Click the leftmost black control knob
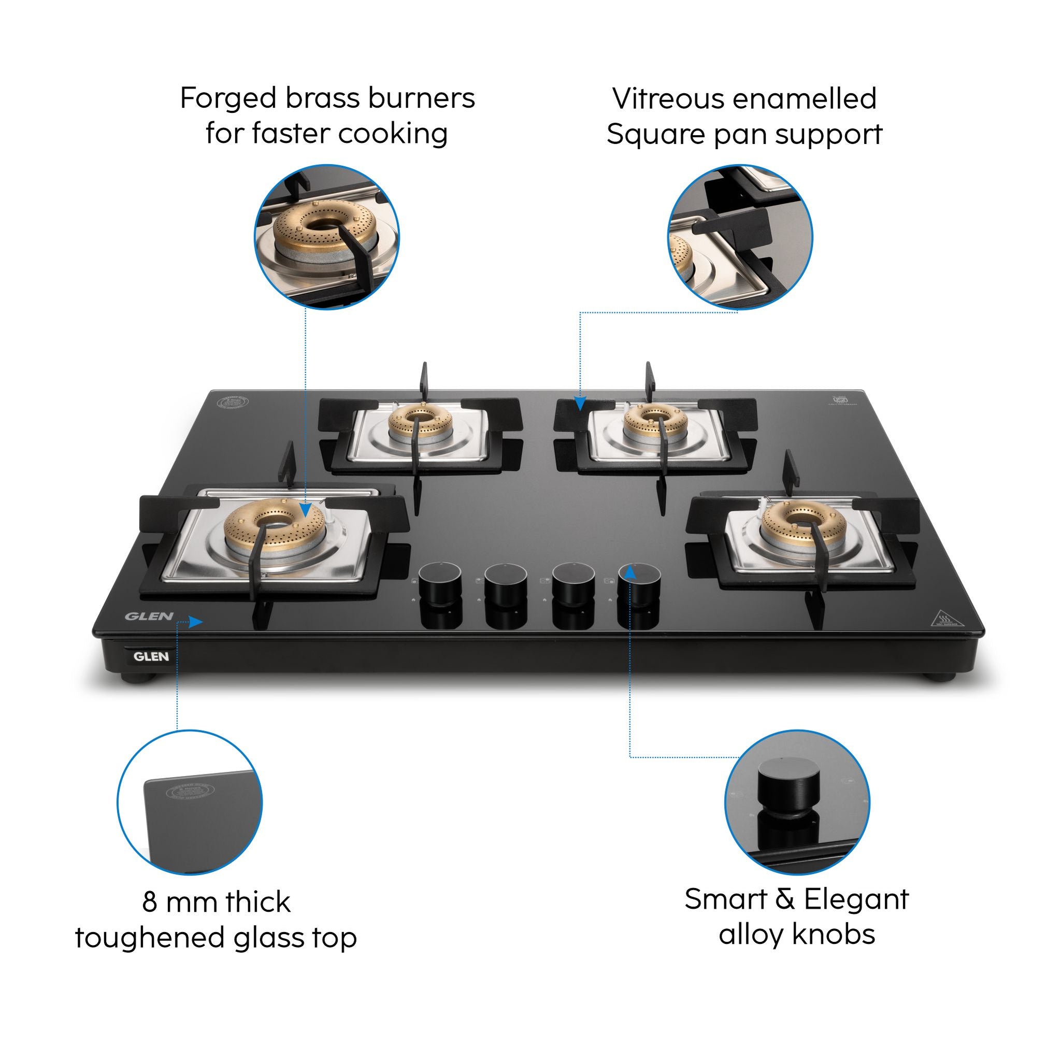[440, 582]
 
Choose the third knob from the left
[573, 582]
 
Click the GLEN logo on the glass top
[149, 616]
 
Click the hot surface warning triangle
[948, 619]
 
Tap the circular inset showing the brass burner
[327, 237]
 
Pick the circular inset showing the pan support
[740, 237]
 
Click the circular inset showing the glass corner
[190, 802]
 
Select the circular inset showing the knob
[797, 802]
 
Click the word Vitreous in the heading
[672, 99]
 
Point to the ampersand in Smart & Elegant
[785, 899]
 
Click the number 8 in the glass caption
[149, 902]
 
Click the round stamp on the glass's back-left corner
[233, 401]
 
